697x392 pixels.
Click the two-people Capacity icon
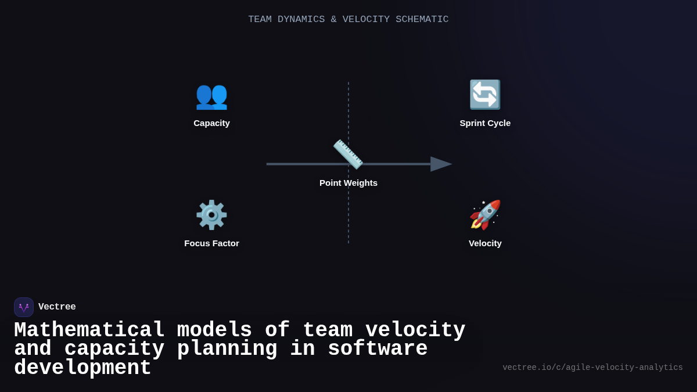tap(211, 95)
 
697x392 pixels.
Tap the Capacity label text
tap(211, 123)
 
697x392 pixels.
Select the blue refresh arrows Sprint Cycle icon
tap(485, 95)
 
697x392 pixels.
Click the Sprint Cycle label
tap(485, 123)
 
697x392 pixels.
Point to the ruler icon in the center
tap(348, 154)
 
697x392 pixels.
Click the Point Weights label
tap(348, 183)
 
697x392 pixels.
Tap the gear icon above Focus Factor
tap(211, 215)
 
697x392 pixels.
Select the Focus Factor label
tap(211, 243)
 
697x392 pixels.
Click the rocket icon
tap(485, 215)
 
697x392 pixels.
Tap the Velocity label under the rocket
tap(485, 243)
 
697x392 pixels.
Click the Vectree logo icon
tap(24, 307)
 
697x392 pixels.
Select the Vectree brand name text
tap(57, 307)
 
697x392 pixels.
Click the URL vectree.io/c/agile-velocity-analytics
tap(592, 368)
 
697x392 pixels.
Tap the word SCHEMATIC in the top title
tap(422, 20)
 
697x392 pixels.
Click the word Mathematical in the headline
tap(89, 330)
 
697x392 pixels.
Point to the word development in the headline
tap(82, 368)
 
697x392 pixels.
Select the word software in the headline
tap(378, 349)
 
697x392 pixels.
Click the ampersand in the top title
tap(333, 20)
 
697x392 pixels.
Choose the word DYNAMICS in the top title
tap(301, 20)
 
